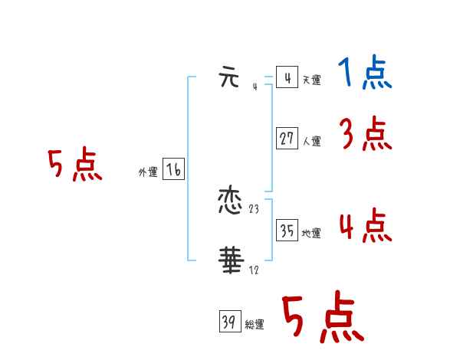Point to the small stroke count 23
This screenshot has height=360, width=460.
255,209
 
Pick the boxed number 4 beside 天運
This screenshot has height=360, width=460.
287,78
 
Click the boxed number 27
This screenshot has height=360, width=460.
287,139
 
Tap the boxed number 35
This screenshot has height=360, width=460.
287,231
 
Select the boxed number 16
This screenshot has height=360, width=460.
173,170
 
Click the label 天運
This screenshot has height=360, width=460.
311,80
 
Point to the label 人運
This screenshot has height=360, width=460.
311,141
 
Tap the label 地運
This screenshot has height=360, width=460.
311,233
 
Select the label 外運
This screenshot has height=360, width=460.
148,173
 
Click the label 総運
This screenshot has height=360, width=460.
255,325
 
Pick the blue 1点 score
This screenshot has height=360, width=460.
364,74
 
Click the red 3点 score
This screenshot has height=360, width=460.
366,135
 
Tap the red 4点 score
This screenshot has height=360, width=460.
366,227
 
